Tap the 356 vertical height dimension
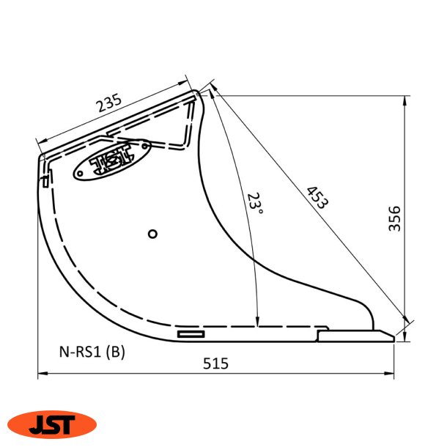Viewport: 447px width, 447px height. pyautogui.click(x=395, y=218)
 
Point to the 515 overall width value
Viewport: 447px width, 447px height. pyautogui.click(x=216, y=363)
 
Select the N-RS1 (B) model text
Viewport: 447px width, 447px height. pyautogui.click(x=92, y=352)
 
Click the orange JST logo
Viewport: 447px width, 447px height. pyautogui.click(x=52, y=424)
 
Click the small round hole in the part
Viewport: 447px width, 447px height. pyautogui.click(x=152, y=234)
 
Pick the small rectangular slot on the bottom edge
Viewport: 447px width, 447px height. pyautogui.click(x=191, y=334)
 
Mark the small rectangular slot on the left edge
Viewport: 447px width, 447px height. pyautogui.click(x=45, y=180)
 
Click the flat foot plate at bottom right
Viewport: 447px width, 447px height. pyautogui.click(x=355, y=335)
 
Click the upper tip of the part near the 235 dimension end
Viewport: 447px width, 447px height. pyautogui.click(x=198, y=93)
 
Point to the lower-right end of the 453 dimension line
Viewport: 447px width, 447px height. pyautogui.click(x=407, y=323)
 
